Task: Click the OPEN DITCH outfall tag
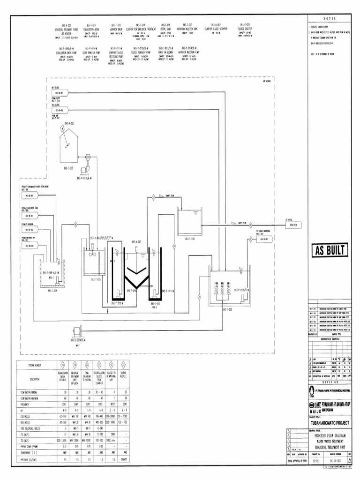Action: point(292,225)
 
